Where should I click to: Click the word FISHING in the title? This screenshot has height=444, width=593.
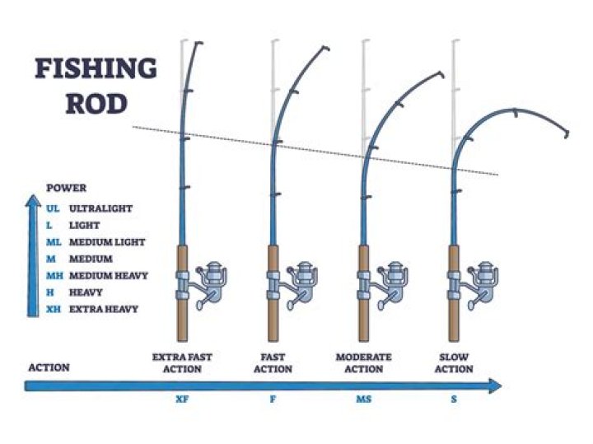(x=96, y=69)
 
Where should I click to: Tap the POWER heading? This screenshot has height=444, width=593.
(x=67, y=189)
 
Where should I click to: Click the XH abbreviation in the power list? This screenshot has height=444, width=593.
(x=54, y=309)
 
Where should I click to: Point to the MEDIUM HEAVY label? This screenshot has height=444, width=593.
(x=109, y=276)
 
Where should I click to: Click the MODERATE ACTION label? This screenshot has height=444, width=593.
(x=364, y=363)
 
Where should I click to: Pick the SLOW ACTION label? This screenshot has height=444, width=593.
(x=454, y=363)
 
